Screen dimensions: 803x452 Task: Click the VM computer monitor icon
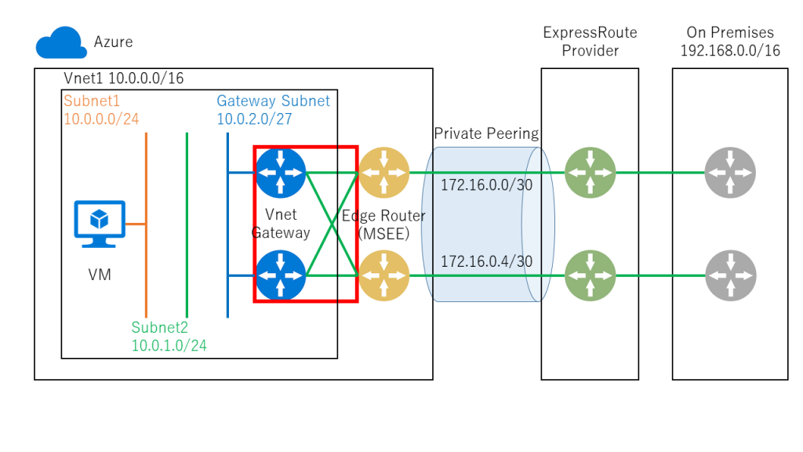coord(99,220)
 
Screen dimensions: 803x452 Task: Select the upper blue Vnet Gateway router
coord(280,173)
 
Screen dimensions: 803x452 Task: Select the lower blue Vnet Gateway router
coord(280,275)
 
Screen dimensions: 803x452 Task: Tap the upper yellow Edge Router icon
coord(384,173)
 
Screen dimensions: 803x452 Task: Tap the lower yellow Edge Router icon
coord(384,275)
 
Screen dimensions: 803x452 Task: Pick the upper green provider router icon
coord(590,173)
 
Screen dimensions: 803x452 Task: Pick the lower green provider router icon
coord(590,275)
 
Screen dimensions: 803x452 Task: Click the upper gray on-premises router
coord(730,173)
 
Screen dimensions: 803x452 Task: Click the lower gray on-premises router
coord(730,275)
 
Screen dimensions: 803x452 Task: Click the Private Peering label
coord(486,133)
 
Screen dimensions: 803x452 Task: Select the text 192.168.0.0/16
coord(730,51)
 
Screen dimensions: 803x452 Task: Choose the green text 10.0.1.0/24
coord(169,345)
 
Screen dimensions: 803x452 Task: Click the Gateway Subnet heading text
coord(273,100)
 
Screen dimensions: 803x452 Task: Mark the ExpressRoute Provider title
coord(590,42)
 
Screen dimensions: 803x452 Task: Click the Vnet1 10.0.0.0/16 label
coord(123,78)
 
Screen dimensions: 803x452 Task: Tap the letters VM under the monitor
coord(100,275)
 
